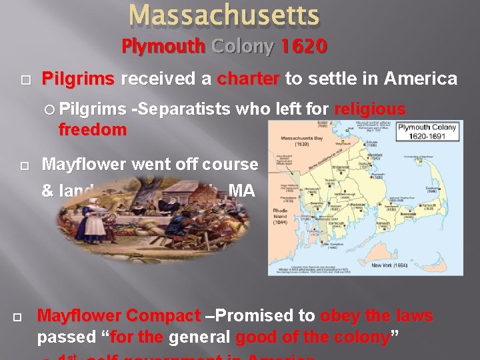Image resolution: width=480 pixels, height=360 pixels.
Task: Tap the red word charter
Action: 248,79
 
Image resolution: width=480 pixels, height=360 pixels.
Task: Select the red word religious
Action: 370,109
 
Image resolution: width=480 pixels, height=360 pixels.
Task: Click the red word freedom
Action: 92,130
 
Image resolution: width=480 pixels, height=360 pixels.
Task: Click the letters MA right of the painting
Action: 241,191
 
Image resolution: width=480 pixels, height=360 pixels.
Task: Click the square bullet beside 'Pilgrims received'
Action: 25,80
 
